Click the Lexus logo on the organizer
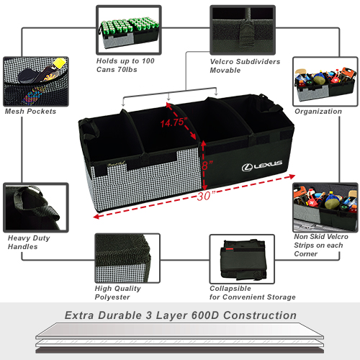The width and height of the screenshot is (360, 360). pos(261,166)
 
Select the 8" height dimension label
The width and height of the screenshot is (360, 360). pos(207,166)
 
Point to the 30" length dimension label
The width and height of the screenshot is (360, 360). pos(206,197)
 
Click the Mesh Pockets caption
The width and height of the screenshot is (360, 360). pos(30,112)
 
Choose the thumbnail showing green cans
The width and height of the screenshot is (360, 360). pos(129,30)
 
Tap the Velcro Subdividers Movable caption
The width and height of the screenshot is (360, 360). pos(245,66)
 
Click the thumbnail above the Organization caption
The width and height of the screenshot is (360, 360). pos(325,81)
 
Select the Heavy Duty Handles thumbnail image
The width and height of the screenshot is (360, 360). pos(36,207)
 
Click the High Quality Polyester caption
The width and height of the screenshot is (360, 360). pos(117,293)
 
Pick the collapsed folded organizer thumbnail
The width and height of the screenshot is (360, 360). pos(242,259)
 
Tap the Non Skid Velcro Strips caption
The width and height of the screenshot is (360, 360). pos(321,246)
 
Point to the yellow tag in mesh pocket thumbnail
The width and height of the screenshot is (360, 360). pos(60,63)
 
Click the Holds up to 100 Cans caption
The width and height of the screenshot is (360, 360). pos(125,66)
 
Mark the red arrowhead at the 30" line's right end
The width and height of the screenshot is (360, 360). pos(292,176)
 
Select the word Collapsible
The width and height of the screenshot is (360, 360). pos(230,289)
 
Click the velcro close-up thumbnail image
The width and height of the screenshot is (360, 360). pos(243,30)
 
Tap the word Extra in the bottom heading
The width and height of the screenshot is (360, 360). pos(79,315)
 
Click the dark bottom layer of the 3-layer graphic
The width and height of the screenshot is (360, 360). pos(180,350)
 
